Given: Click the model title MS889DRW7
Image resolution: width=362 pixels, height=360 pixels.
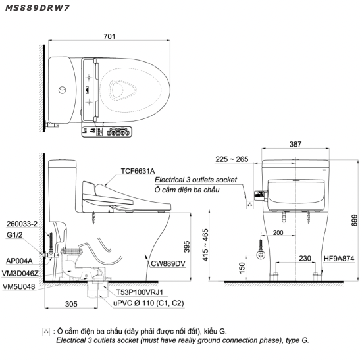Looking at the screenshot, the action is pyautogui.click(x=37, y=8).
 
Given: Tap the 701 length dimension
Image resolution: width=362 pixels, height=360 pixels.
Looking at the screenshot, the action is pyautogui.click(x=109, y=36).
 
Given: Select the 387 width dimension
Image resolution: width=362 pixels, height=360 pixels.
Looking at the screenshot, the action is pyautogui.click(x=296, y=144).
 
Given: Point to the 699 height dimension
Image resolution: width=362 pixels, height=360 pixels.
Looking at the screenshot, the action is pyautogui.click(x=354, y=220).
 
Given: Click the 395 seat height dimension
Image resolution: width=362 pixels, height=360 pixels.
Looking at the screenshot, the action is pyautogui.click(x=187, y=246).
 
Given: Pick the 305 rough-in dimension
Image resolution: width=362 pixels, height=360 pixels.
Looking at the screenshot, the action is pyautogui.click(x=71, y=304).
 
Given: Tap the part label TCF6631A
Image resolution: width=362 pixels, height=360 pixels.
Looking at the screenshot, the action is pyautogui.click(x=138, y=171).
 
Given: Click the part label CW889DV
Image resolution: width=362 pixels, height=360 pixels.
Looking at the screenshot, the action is pyautogui.click(x=168, y=263).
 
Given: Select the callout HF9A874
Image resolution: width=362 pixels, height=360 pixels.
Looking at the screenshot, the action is pyautogui.click(x=339, y=259).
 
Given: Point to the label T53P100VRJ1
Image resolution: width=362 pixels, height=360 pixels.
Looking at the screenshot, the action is pyautogui.click(x=140, y=292).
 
